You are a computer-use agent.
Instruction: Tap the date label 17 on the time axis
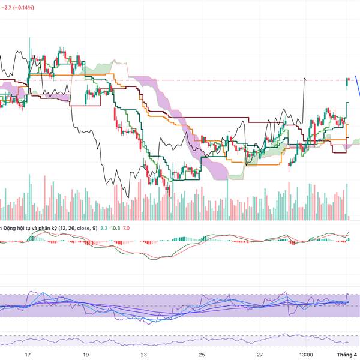(28, 355)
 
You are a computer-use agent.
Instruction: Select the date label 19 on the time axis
(86, 355)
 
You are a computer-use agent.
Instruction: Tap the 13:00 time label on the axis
(305, 355)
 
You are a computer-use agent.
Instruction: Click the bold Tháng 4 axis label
(346, 355)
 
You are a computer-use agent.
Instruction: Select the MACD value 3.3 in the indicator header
(104, 228)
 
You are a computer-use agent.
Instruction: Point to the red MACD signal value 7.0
(130, 228)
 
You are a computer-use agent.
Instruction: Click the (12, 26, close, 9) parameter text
(76, 228)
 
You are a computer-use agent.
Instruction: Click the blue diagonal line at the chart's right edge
(356, 86)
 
